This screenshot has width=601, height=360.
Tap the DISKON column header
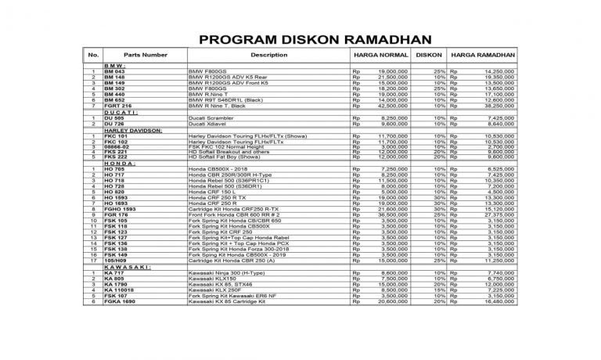click(x=428, y=56)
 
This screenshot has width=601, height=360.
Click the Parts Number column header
click(x=145, y=56)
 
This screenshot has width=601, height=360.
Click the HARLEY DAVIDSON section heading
click(x=132, y=130)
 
